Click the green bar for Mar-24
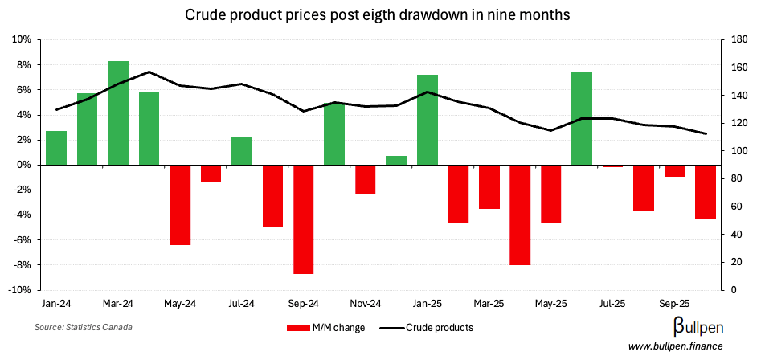[118, 112]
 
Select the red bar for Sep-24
[304, 219]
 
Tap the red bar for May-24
[180, 204]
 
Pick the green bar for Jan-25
[428, 120]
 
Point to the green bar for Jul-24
[242, 150]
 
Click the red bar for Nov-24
[366, 178]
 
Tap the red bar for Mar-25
[489, 186]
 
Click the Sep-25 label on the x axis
[674, 305]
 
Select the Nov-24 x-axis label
[366, 305]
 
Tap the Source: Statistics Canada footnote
[84, 328]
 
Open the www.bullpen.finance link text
[675, 346]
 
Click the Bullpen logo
[696, 326]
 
